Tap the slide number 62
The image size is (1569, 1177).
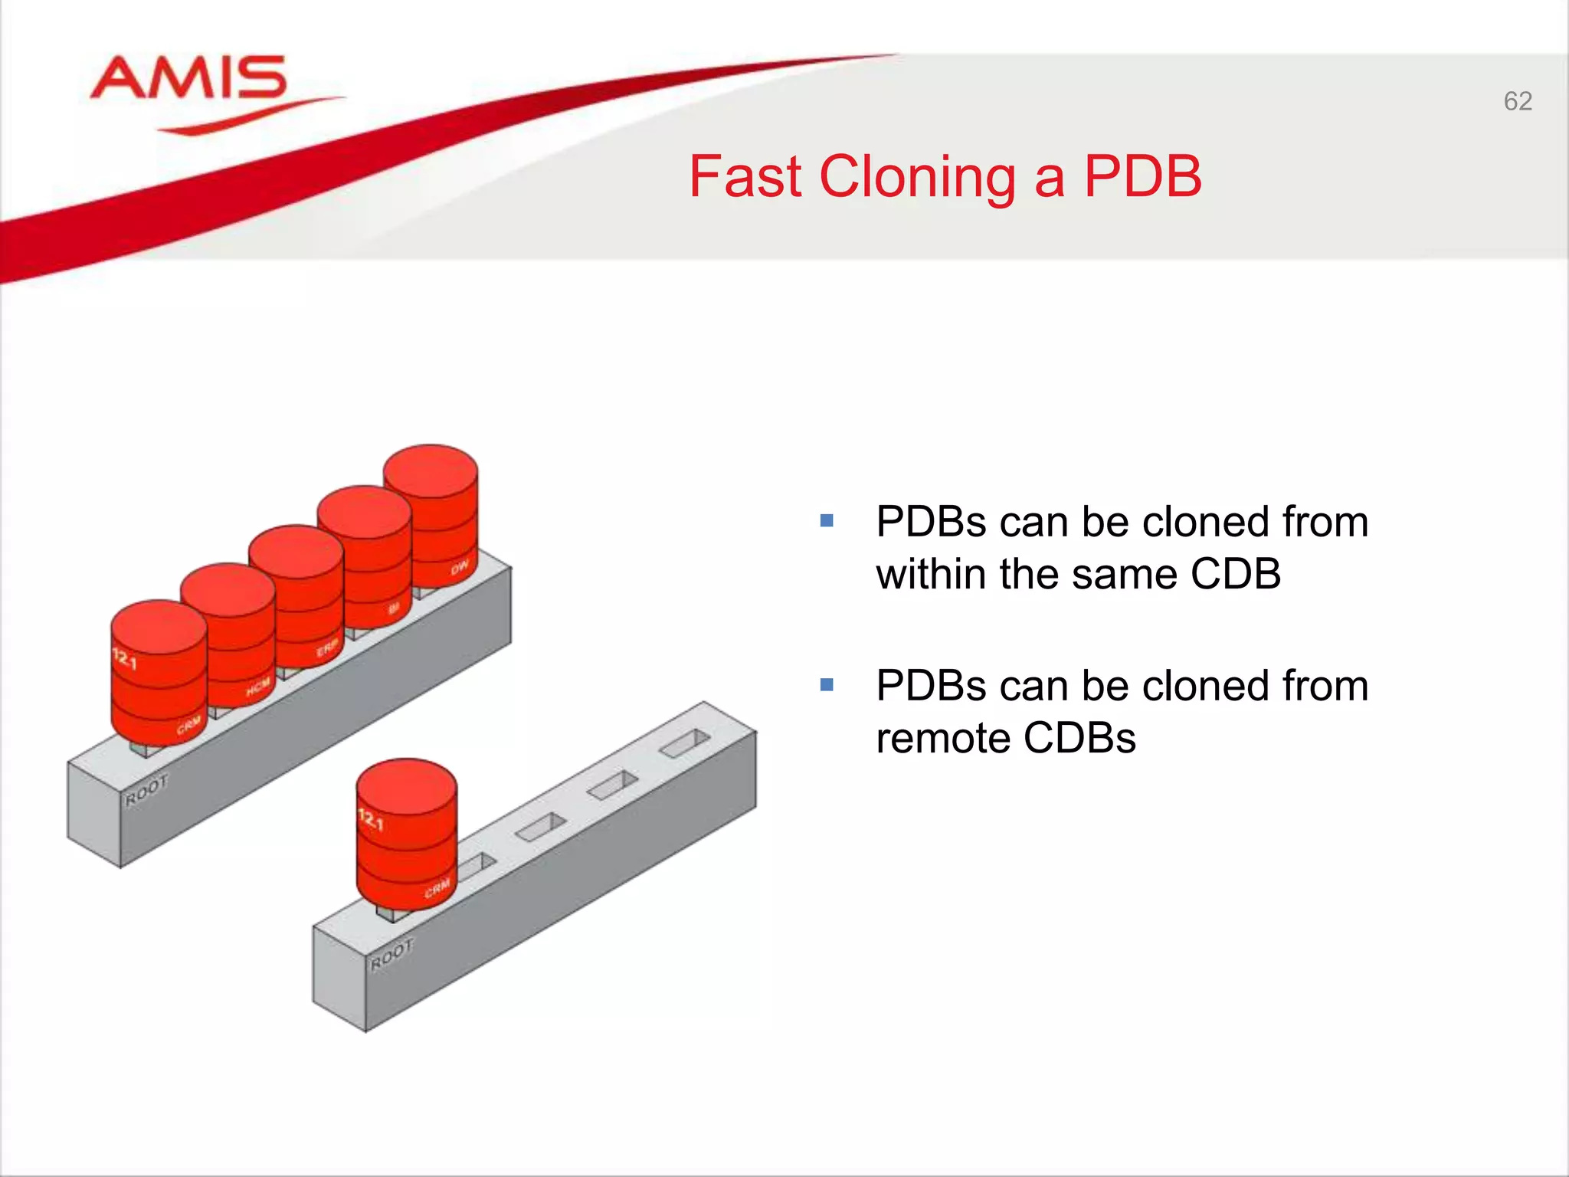pos(1517,101)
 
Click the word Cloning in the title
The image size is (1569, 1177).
pos(917,178)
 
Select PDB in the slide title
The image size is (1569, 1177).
pos(1142,177)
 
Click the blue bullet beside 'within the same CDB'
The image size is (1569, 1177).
pos(826,521)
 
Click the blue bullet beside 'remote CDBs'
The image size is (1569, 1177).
pos(826,684)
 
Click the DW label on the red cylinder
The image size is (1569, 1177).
pos(460,568)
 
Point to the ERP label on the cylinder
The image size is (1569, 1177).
pos(327,648)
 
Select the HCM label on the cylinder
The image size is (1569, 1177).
pos(258,687)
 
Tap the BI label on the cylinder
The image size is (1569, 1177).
pos(394,608)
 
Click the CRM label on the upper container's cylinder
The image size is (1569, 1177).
pos(188,725)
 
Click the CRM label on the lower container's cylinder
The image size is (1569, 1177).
pos(437,889)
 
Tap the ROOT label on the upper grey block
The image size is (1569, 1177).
pos(146,790)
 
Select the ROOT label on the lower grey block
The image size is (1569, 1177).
pos(391,955)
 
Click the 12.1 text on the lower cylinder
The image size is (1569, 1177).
pos(371,819)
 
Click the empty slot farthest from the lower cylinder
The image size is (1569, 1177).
pos(685,743)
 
